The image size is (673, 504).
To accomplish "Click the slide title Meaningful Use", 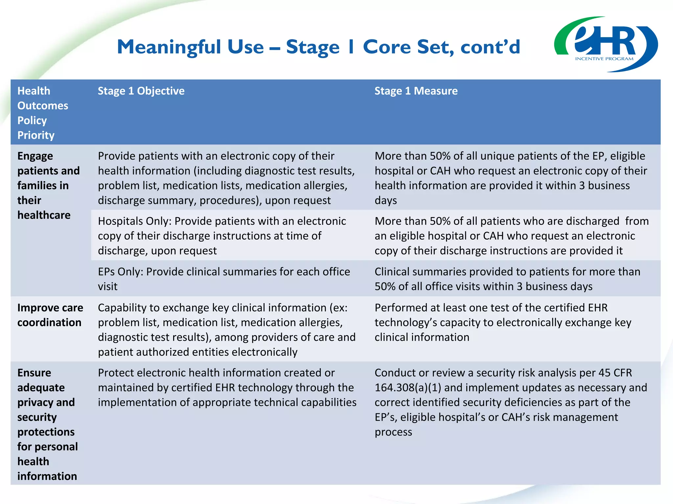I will (x=318, y=47).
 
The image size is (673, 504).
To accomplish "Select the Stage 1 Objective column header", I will (x=141, y=91).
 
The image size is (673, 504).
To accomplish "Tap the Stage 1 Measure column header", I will (x=416, y=91).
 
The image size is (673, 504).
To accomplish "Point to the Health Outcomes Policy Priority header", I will (x=43, y=113).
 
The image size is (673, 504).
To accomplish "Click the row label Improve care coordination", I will (x=50, y=315).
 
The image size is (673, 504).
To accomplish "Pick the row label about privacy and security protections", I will (x=47, y=424).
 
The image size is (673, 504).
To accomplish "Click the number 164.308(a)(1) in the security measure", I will (x=407, y=388).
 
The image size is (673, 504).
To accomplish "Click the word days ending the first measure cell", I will (x=385, y=200).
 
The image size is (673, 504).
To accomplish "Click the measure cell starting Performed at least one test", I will (x=503, y=322).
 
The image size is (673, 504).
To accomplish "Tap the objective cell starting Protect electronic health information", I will (x=227, y=388).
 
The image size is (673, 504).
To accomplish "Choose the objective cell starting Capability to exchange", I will (x=227, y=329).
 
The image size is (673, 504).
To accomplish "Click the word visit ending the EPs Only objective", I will (x=107, y=286).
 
